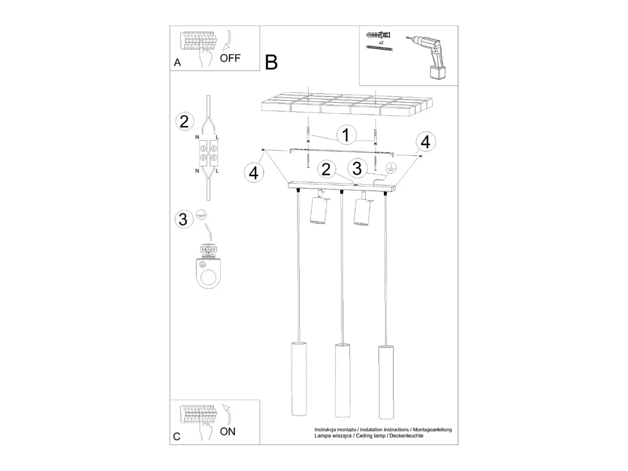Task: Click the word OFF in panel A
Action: coord(230,58)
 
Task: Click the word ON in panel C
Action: coord(227,432)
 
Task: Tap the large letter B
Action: coord(271,63)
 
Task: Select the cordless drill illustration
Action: coord(427,57)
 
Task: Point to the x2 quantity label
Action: coord(381,42)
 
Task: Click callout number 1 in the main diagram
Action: coord(346,135)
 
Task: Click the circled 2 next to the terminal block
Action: coord(184,121)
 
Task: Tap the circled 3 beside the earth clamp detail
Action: coord(183,219)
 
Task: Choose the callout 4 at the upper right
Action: coord(426,142)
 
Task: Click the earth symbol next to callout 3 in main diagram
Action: coord(391,168)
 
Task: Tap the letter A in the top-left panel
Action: coord(177,62)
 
